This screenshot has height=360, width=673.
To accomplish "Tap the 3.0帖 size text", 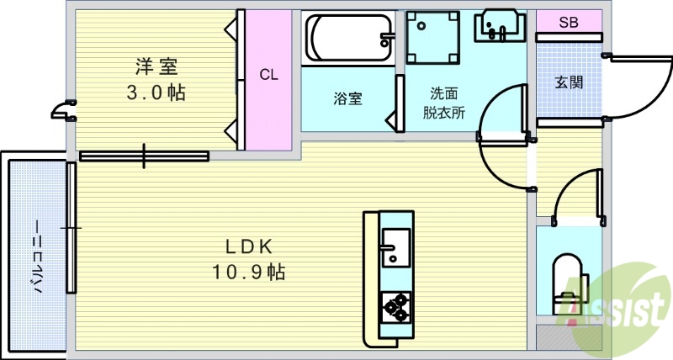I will tap(156, 93).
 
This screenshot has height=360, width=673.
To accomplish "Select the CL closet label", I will tap(268, 75).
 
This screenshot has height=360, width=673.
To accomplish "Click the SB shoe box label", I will tap(569, 23).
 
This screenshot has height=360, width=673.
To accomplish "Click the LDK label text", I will tap(247, 246).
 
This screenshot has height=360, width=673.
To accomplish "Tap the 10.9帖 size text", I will tap(247, 272).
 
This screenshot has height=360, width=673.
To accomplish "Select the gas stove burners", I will tap(395, 307).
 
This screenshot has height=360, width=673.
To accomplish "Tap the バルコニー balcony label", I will tap(37, 256).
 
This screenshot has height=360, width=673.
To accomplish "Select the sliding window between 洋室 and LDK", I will tap(144, 156).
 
